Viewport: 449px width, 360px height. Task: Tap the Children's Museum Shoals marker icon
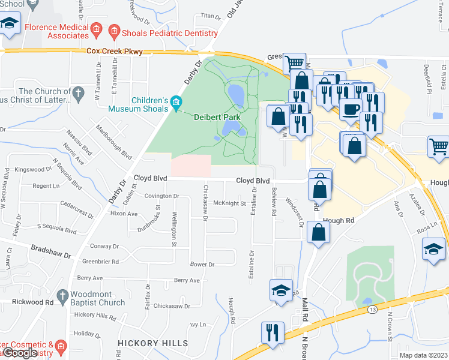(175, 102)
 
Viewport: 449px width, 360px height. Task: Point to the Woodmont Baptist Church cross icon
(62, 296)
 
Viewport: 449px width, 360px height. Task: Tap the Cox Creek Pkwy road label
(115, 52)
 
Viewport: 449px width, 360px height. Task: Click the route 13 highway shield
(373, 308)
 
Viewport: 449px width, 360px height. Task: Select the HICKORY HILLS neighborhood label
(153, 343)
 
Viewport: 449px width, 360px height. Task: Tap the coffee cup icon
(351, 110)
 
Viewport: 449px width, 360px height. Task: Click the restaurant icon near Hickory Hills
(273, 332)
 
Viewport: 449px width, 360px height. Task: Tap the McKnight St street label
(230, 203)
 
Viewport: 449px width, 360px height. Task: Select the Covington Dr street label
(161, 196)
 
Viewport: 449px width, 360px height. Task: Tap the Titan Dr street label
(210, 16)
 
